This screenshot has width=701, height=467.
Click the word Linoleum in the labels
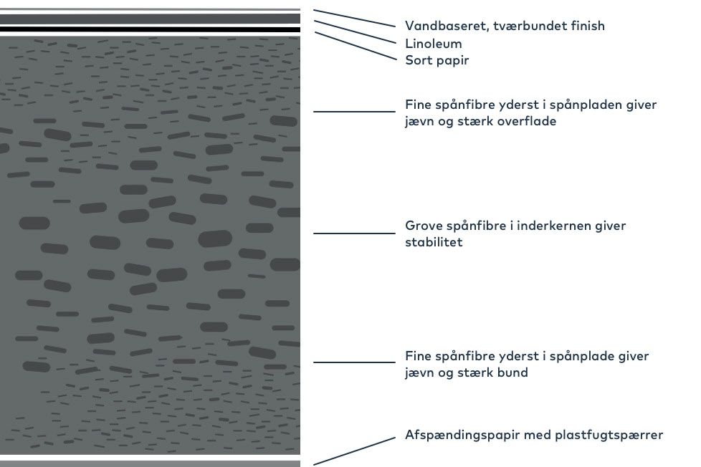tap(433, 44)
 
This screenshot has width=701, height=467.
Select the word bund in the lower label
tap(513, 372)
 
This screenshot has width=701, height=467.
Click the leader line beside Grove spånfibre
tap(354, 233)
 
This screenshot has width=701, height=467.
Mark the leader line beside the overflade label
tap(354, 112)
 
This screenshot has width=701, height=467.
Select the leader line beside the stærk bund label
tap(354, 362)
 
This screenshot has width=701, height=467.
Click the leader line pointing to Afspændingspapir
tap(354, 451)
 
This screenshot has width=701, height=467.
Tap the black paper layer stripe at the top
tap(150, 29)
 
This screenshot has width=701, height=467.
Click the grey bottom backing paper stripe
tap(150, 463)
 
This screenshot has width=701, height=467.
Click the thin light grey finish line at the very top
tap(150, 9)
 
